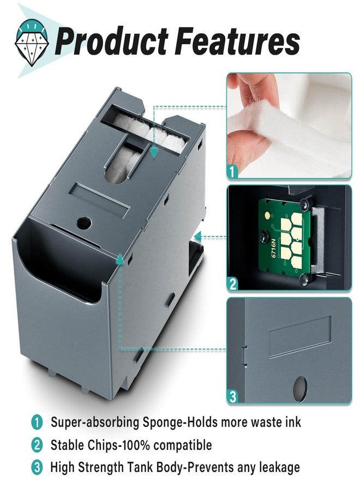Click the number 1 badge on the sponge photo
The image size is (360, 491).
coord(233,172)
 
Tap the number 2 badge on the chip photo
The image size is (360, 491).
coord(233,284)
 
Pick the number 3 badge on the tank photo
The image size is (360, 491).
coord(233,397)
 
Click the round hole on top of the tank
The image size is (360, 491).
coord(85,222)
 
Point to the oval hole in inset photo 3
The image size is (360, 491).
coord(299,387)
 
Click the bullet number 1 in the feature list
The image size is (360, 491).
coord(37,422)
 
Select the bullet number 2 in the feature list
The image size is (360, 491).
coord(37,445)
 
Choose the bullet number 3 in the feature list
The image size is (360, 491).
coord(37,467)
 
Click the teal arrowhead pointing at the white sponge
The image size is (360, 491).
coord(154,154)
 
